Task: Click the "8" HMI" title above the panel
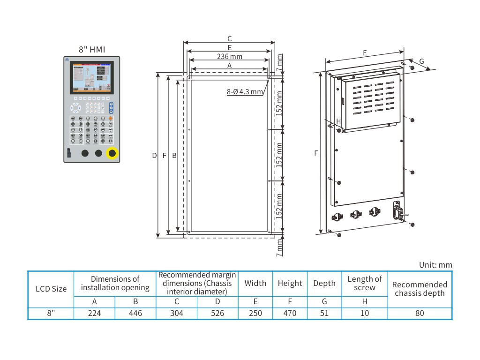click(x=92, y=49)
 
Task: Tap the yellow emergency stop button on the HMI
click(x=112, y=153)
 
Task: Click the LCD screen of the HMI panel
click(x=92, y=77)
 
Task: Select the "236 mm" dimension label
click(x=229, y=57)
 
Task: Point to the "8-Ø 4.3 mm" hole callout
click(x=245, y=92)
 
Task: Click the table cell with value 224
click(x=94, y=313)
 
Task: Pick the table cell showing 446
click(x=135, y=313)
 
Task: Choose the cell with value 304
click(x=176, y=313)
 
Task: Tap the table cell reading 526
click(x=217, y=313)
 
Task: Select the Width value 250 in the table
click(x=255, y=313)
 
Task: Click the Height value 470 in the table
click(x=290, y=313)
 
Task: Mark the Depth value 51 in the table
click(x=324, y=313)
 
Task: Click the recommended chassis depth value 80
click(x=420, y=313)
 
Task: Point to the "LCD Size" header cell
click(x=51, y=289)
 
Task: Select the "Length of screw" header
click(x=365, y=283)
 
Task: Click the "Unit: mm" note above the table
click(x=435, y=265)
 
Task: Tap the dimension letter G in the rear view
click(x=421, y=61)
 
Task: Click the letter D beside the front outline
click(x=154, y=155)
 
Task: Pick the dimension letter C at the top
click(x=229, y=39)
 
